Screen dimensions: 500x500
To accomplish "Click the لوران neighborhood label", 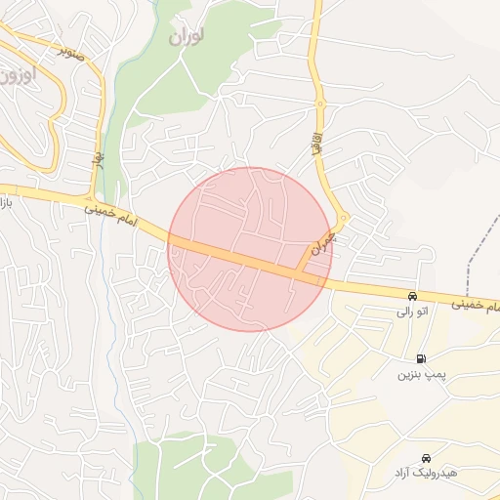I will pos(186,36).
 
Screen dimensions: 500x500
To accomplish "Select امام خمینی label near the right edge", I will pos(477,307).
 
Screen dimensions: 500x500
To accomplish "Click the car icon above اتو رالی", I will pos(412,296).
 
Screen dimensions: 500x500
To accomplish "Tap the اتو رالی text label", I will pos(411,312).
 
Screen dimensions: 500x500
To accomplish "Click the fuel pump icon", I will pos(421,358).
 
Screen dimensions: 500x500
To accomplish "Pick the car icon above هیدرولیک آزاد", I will pos(425,457).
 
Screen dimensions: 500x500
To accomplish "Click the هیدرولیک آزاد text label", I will pos(425,473).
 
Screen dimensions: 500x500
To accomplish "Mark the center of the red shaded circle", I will pos(249,249).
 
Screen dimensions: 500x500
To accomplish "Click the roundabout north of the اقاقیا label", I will pos(319,104).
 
